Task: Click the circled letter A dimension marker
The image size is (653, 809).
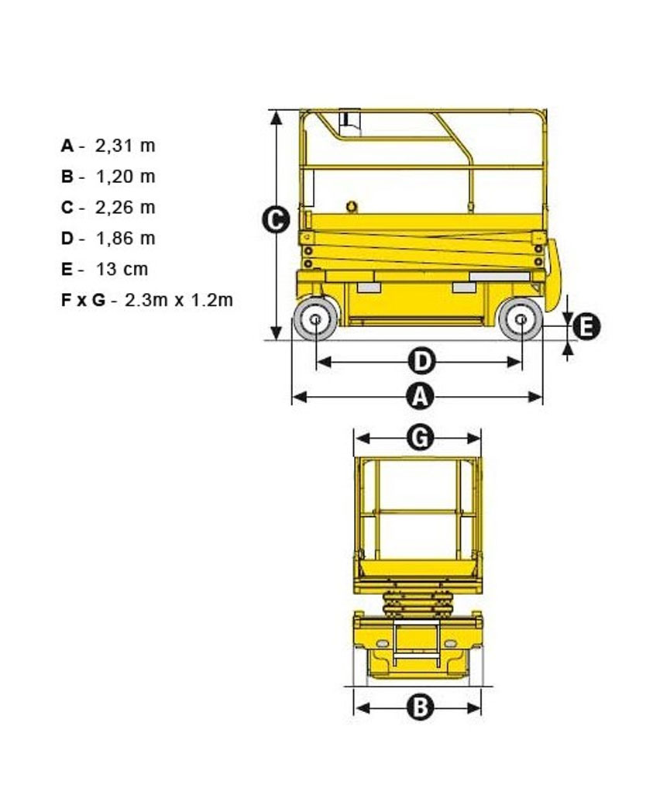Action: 421,397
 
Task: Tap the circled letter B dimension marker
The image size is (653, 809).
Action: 421,707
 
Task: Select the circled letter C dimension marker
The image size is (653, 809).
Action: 276,220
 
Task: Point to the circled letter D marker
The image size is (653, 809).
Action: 422,361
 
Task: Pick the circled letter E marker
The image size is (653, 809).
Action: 586,326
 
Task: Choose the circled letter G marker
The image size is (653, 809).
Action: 421,439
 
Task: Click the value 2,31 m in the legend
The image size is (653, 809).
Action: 125,146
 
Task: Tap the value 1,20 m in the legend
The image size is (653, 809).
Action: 125,177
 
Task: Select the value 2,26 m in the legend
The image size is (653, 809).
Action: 125,208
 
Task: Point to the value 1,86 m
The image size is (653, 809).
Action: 125,239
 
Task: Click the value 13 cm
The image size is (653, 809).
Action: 122,270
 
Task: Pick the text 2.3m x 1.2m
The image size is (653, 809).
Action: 178,300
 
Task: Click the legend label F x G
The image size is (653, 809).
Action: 83,300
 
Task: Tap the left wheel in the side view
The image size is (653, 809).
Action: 315,319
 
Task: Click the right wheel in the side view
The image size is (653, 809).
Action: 521,319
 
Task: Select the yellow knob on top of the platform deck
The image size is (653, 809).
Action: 352,207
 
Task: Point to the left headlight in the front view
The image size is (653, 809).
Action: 382,644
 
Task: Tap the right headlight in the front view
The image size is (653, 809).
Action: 450,644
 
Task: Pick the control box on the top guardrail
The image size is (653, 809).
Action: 349,122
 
